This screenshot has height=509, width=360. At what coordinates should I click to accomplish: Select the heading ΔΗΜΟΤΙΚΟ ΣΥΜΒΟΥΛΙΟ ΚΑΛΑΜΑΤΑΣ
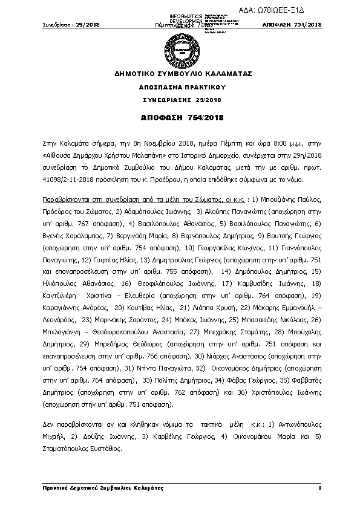coord(179,74)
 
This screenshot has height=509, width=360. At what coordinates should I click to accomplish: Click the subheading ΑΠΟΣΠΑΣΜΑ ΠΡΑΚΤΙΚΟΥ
coord(179,87)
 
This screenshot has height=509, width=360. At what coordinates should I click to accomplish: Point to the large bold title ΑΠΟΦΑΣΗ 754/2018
coord(179,116)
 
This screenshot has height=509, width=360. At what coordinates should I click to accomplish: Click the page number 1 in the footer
coord(318,487)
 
